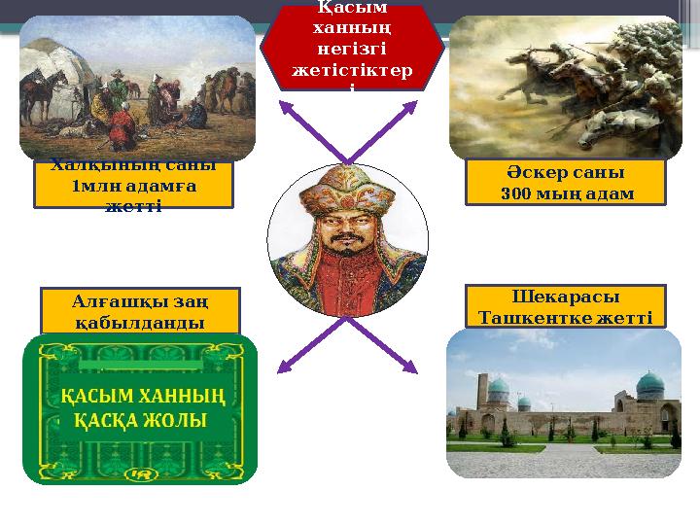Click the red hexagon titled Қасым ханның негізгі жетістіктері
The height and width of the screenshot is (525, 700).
351,47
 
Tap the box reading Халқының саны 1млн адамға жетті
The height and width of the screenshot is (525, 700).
133,184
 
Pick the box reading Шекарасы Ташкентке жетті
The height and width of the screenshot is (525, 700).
565,306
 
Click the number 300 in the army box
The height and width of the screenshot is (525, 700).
519,193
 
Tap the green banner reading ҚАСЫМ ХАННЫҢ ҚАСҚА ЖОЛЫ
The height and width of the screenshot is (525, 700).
140,409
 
